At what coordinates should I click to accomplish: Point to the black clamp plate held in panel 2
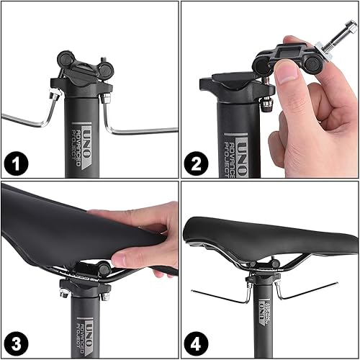pos(288,53)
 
